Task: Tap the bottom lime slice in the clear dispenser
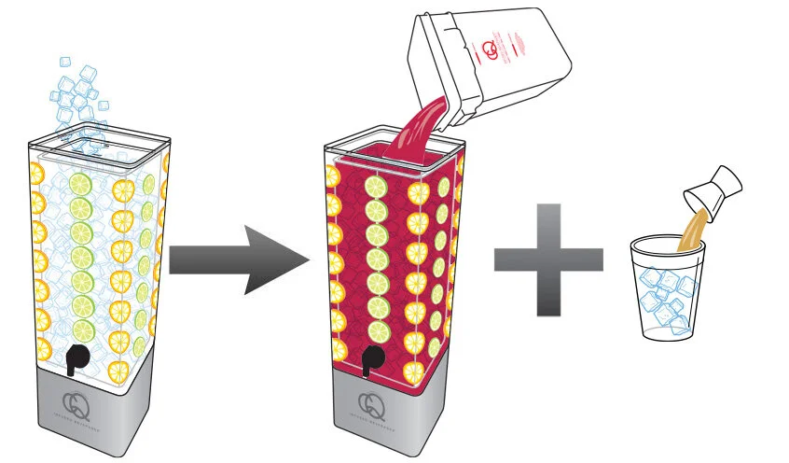(85, 329)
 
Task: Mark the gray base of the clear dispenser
(89, 411)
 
